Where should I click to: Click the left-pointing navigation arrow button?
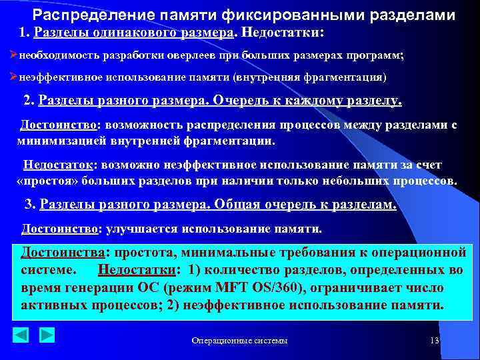coord(21,334)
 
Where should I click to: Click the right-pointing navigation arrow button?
coord(47,334)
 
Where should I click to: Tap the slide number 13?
coord(435,341)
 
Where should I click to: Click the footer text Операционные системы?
coord(239,341)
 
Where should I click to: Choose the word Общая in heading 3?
coord(242,205)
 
